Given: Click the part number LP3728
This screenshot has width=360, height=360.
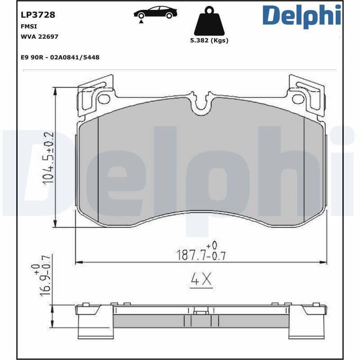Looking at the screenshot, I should (x=38, y=15).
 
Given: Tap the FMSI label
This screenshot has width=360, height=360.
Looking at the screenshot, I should (x=29, y=27).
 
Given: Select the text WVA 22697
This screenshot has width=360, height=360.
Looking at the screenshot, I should (x=40, y=36).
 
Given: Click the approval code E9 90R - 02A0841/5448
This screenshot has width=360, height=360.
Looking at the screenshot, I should (x=60, y=57).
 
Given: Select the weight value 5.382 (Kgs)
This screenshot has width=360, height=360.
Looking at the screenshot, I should (x=209, y=40).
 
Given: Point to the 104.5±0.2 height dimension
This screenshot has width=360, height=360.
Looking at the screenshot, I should (x=48, y=157).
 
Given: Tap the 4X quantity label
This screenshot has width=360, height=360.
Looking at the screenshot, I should (x=201, y=280).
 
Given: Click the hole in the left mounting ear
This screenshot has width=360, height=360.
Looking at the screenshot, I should (x=104, y=99).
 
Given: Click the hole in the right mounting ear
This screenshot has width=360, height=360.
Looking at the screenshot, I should (x=298, y=99).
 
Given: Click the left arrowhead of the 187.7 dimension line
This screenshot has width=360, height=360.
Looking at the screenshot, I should (x=77, y=262).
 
